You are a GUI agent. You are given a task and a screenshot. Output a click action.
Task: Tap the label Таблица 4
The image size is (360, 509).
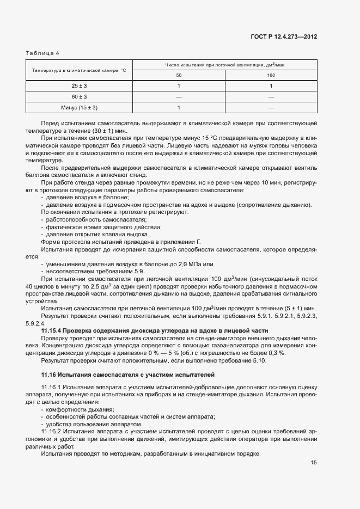coord(42,53)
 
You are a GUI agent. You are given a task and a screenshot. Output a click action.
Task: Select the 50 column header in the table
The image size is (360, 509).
coord(179,75)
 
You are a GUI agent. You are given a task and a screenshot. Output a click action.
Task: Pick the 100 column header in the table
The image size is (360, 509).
coord(271,75)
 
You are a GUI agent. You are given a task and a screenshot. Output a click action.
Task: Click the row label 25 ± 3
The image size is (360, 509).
coord(79,86)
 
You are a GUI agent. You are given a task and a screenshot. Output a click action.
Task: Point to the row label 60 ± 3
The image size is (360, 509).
coord(79,97)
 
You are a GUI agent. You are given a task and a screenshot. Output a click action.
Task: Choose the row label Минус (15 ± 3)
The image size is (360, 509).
coord(79,108)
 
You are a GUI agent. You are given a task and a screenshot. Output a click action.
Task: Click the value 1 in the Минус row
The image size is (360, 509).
coord(179,108)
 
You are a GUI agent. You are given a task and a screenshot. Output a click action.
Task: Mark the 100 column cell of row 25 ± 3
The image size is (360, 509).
coord(271,86)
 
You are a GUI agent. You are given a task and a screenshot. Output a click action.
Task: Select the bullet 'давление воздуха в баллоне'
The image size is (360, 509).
coord(87,198)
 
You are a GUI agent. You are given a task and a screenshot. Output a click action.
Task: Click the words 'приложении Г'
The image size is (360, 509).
coord(184,242)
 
